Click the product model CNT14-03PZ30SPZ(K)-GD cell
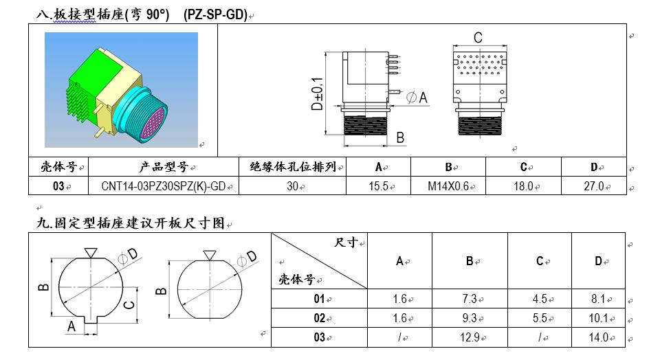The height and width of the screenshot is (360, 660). click(x=163, y=186)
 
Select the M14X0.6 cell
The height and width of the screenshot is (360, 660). click(x=448, y=186)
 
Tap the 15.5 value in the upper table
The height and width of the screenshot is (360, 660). click(x=377, y=186)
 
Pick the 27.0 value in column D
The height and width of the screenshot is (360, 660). click(x=593, y=186)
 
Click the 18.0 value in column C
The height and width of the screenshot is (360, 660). click(x=523, y=186)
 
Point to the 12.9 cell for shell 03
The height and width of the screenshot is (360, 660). click(x=469, y=337)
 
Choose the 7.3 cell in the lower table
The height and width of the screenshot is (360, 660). click(x=469, y=299)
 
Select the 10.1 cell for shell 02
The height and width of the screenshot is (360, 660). click(x=598, y=318)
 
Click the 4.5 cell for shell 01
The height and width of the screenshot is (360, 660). click(x=540, y=299)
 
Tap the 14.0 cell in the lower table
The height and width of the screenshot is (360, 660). click(x=598, y=337)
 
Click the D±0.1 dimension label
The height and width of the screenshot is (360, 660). click(x=317, y=94)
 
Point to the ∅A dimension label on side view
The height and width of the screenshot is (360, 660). click(x=417, y=98)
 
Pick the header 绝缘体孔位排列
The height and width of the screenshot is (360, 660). click(x=291, y=167)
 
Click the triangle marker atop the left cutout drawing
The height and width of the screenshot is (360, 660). click(x=90, y=252)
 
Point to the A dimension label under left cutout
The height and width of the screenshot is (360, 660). click(x=71, y=327)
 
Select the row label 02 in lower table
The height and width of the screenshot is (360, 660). click(x=319, y=318)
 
